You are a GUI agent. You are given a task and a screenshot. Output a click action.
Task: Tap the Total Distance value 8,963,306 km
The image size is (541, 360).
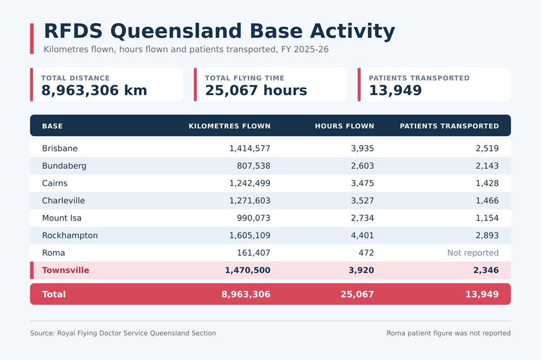pyautogui.click(x=94, y=90)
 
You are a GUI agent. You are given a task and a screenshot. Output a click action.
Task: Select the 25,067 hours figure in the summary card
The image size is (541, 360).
pyautogui.click(x=256, y=90)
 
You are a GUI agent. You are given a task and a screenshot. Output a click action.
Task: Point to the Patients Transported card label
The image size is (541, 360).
pyautogui.click(x=419, y=78)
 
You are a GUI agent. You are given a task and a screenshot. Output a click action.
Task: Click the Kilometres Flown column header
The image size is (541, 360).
pyautogui.click(x=229, y=126)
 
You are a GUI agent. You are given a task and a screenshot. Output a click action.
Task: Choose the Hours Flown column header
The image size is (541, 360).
pyautogui.click(x=344, y=126)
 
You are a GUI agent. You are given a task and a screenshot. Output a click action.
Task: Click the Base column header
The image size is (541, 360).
pyautogui.click(x=52, y=126)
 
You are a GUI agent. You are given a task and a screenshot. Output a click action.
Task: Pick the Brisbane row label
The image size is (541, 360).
pyautogui.click(x=60, y=148)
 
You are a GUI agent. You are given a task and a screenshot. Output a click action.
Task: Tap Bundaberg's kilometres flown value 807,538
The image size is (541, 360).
pyautogui.click(x=254, y=166)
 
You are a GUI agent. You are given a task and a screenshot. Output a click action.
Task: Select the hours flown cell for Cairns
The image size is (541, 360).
pyautogui.click(x=362, y=183)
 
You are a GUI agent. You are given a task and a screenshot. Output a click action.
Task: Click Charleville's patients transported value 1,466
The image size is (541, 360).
pyautogui.click(x=487, y=201)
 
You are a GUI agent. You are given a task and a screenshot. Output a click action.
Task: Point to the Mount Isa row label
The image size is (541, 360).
pyautogui.click(x=62, y=218)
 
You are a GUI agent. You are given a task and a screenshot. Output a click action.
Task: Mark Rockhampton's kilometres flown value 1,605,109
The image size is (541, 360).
pyautogui.click(x=250, y=236)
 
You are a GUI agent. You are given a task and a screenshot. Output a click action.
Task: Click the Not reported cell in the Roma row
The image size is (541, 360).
pyautogui.click(x=473, y=253)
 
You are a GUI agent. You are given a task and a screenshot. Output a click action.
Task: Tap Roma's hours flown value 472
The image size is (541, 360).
pyautogui.click(x=366, y=253)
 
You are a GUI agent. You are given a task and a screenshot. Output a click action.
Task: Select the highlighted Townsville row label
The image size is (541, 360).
pyautogui.click(x=65, y=270)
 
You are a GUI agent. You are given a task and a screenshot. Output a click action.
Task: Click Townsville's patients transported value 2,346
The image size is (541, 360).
pyautogui.click(x=486, y=270)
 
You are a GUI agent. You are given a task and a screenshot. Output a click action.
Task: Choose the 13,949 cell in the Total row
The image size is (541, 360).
pyautogui.click(x=482, y=294)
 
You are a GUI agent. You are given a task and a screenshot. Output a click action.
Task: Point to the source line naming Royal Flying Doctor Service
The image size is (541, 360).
pyautogui.click(x=123, y=333)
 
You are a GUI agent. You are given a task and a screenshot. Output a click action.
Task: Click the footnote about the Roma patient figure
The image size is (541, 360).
pyautogui.click(x=448, y=333)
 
